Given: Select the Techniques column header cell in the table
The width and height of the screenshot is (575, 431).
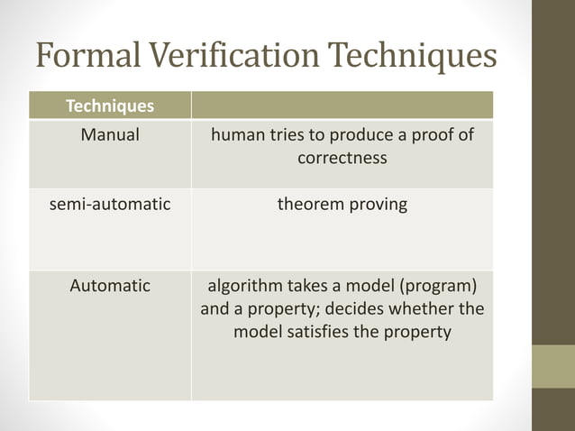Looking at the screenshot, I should pyautogui.click(x=109, y=106).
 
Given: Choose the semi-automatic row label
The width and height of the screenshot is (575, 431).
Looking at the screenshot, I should pyautogui.click(x=109, y=205).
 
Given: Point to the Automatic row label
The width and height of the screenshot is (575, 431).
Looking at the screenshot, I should pyautogui.click(x=110, y=286).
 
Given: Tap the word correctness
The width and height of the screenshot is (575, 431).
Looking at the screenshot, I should pyautogui.click(x=342, y=159).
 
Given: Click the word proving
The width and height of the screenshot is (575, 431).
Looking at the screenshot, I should pyautogui.click(x=377, y=205).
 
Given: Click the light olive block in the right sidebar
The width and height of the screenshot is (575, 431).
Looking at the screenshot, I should pyautogui.click(x=552, y=366).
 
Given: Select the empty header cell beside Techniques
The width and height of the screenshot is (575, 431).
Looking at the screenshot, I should pyautogui.click(x=342, y=106).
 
